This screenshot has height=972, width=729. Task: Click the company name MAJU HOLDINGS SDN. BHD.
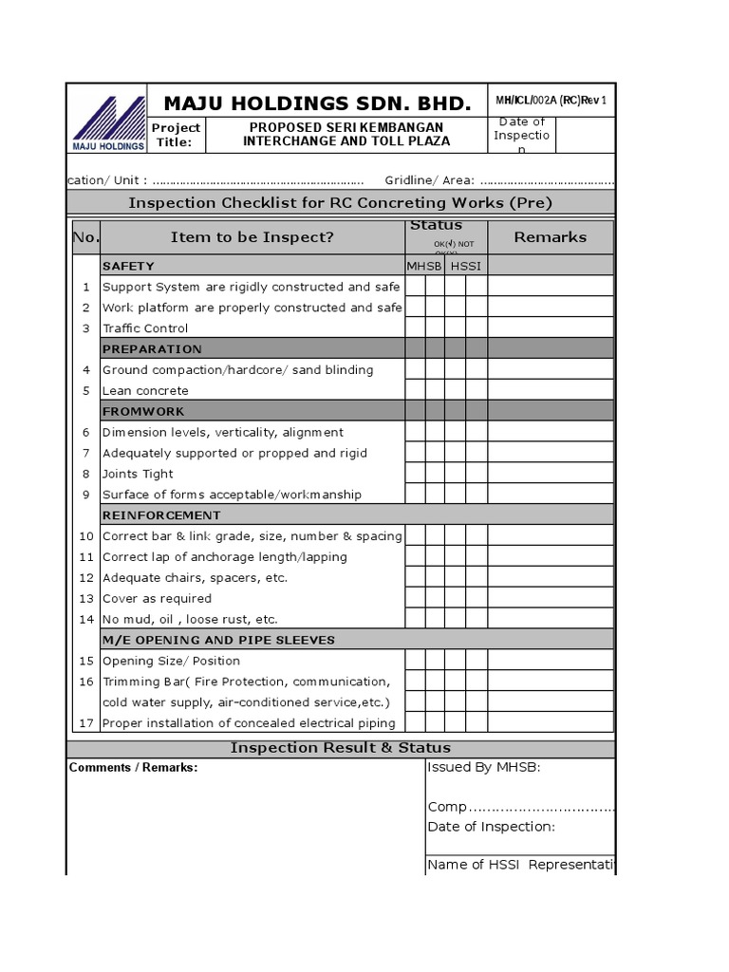click(x=316, y=103)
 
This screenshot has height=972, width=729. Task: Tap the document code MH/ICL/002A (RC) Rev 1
click(x=550, y=101)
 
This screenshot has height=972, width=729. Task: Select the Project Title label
click(x=177, y=135)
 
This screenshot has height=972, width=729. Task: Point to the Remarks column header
click(x=550, y=237)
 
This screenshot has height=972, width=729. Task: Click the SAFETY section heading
click(x=128, y=266)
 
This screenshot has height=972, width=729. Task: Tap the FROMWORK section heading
click(x=143, y=412)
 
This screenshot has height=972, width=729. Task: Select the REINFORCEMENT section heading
click(x=161, y=515)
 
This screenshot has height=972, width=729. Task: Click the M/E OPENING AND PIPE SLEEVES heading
click(x=218, y=641)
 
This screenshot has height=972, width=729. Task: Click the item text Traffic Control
click(x=145, y=328)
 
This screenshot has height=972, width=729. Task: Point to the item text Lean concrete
click(x=145, y=391)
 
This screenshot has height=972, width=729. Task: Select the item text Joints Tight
click(x=138, y=474)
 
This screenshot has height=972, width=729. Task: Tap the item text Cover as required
click(x=157, y=599)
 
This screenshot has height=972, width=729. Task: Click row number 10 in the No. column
click(x=85, y=536)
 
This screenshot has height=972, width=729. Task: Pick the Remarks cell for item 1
click(x=551, y=287)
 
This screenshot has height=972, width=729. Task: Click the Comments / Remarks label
click(x=134, y=768)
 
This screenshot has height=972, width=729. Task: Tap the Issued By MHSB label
click(x=484, y=768)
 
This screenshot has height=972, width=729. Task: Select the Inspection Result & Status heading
click(x=341, y=748)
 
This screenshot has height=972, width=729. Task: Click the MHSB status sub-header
click(x=424, y=266)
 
